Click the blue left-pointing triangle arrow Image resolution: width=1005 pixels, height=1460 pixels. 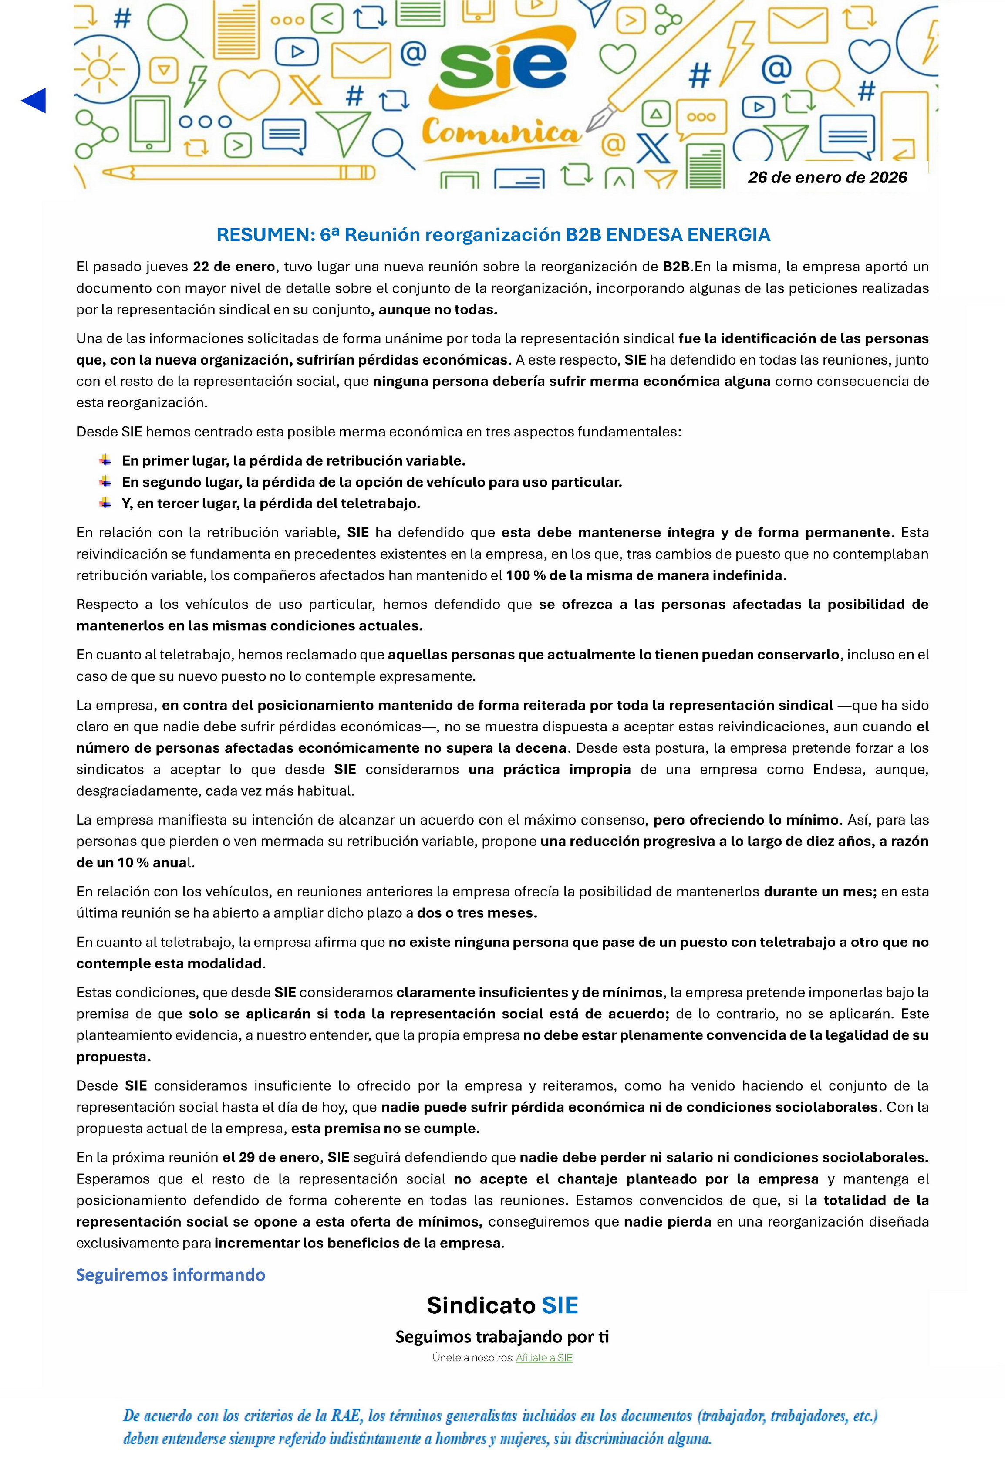point(34,101)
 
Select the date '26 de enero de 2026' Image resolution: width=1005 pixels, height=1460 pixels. point(827,178)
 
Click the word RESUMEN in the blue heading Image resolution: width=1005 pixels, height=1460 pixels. point(264,235)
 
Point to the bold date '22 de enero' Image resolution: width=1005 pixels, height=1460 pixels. point(234,267)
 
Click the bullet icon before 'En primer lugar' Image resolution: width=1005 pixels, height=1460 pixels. point(106,460)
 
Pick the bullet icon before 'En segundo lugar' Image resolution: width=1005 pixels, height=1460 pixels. point(106,482)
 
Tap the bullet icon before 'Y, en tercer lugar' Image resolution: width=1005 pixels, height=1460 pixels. point(106,503)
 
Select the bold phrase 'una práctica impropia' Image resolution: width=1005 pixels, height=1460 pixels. point(549,770)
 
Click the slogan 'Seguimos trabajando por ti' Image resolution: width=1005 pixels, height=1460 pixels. point(502,1337)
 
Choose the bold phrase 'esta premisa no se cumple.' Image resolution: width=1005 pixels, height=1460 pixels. point(385,1129)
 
